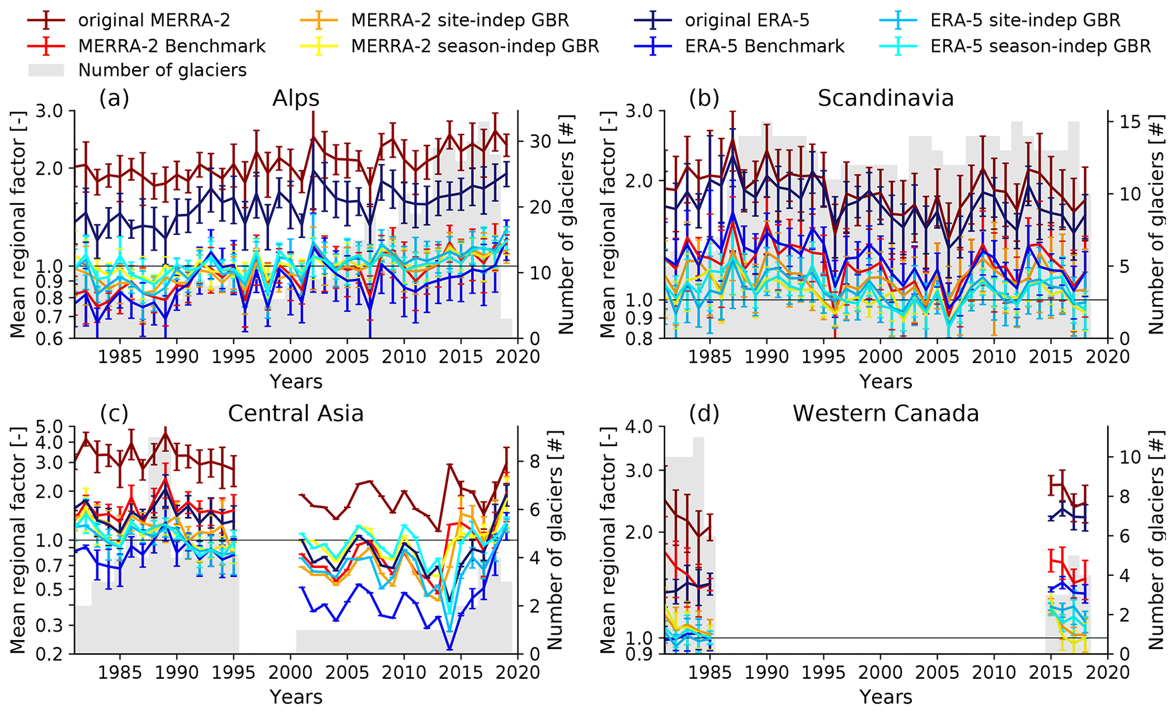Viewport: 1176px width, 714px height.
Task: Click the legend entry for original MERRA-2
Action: tap(154, 20)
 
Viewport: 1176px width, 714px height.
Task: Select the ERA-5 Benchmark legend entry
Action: tap(765, 46)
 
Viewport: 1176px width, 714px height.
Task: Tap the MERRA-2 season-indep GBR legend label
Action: tap(475, 46)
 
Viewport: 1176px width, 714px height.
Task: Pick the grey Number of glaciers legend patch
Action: tap(46, 71)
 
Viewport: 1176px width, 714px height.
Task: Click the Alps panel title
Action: tap(295, 98)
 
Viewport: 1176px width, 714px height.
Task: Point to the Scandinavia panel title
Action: tap(885, 98)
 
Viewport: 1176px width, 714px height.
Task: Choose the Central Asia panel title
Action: tap(295, 414)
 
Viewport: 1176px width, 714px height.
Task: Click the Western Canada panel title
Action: tap(885, 414)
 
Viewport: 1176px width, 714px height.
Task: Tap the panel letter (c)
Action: tap(114, 414)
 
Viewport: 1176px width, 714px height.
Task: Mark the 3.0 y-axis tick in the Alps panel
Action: tap(52, 111)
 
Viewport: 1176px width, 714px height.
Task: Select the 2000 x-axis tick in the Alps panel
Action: tap(290, 357)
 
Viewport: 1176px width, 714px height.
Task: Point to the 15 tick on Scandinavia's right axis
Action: tap(1124, 122)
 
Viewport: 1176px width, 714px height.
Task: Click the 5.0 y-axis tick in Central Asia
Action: tap(52, 426)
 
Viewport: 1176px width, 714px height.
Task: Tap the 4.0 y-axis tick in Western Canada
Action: tap(642, 426)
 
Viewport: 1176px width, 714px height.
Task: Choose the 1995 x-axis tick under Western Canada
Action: tap(823, 672)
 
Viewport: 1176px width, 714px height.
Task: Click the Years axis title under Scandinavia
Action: tap(885, 381)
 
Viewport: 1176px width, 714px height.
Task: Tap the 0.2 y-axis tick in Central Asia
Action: tap(52, 654)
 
